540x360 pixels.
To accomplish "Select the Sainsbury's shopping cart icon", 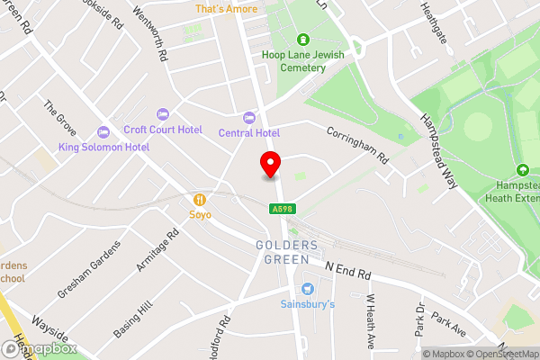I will click(x=308, y=289).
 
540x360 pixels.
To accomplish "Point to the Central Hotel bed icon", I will click(x=249, y=118).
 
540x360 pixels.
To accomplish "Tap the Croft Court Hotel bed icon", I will click(x=162, y=113).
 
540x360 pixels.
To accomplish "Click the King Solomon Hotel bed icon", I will click(x=103, y=131).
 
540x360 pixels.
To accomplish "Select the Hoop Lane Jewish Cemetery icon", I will click(x=303, y=40).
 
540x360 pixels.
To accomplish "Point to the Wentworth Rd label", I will click(x=163, y=41).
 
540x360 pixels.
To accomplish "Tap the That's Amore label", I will click(x=225, y=9).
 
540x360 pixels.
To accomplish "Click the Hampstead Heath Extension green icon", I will click(x=522, y=170).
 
